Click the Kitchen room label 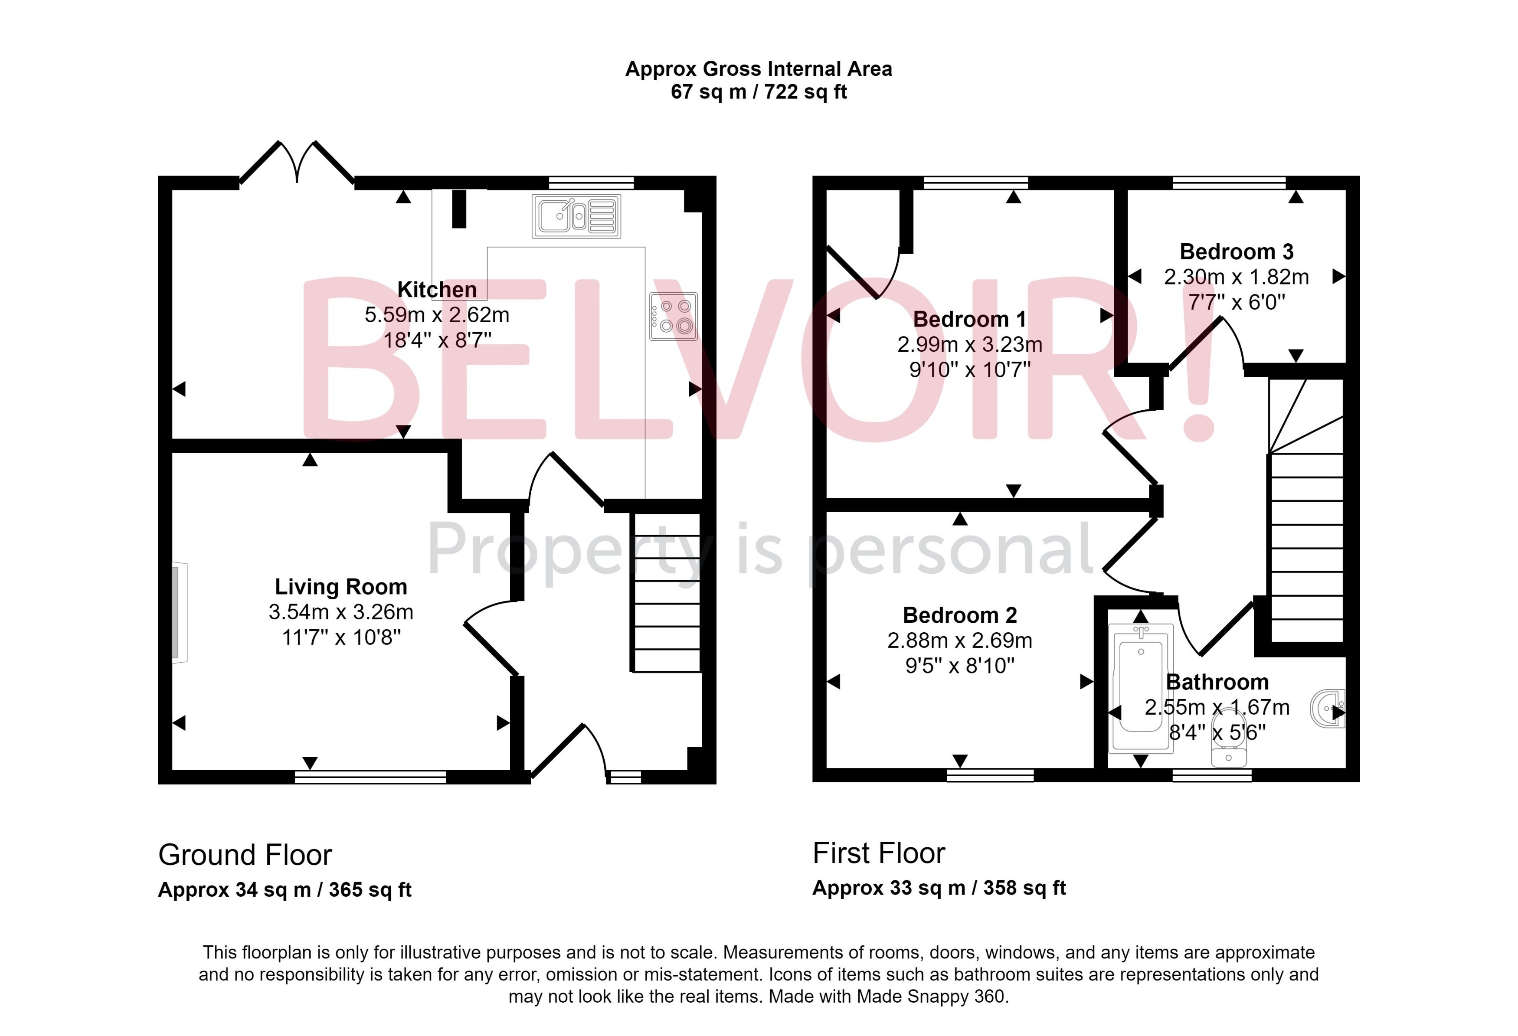[x=437, y=289]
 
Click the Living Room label [x=341, y=587]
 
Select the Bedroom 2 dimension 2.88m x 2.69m [x=959, y=640]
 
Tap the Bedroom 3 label [x=1237, y=252]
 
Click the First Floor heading [x=879, y=853]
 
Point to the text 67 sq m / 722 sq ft [x=759, y=92]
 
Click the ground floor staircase [x=666, y=592]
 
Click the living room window [x=370, y=777]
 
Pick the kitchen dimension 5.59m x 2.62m [x=437, y=315]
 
